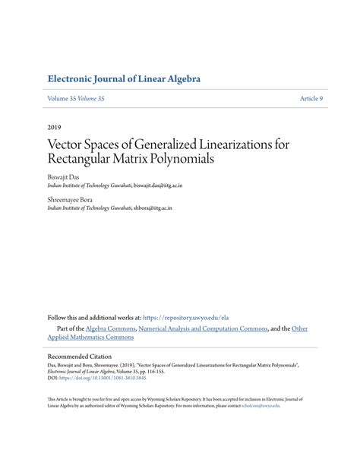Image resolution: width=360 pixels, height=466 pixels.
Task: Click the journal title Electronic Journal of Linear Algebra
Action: tap(123, 78)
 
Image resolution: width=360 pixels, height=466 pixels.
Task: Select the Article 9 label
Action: tap(311, 100)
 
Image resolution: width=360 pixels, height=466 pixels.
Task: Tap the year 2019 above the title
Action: tap(55, 128)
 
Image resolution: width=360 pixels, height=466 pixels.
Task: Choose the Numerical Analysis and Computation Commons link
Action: tap(204, 328)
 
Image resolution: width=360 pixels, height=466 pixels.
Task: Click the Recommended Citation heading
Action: tap(79, 356)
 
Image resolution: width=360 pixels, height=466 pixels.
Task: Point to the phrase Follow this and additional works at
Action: tap(93, 317)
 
